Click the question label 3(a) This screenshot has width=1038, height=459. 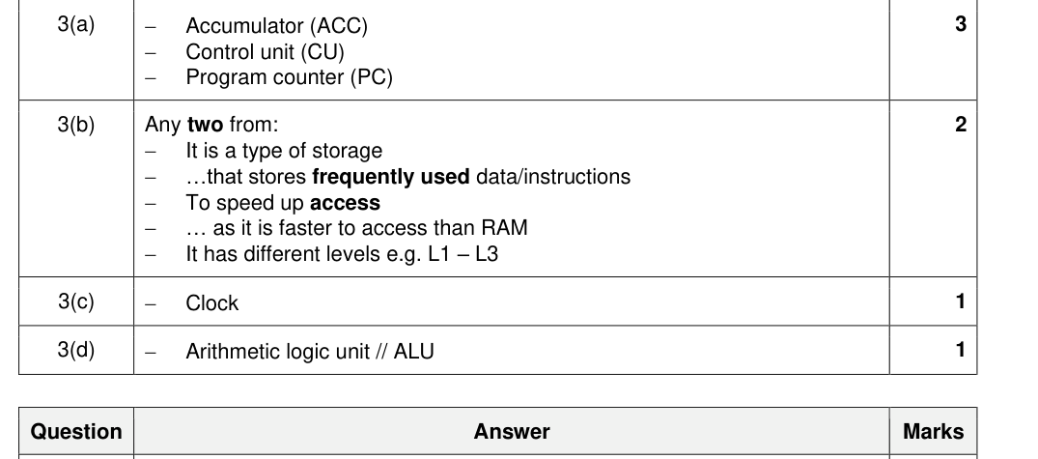[76, 24]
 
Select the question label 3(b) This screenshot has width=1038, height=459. [76, 125]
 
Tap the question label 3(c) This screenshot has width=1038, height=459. [76, 301]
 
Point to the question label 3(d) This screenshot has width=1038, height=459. [76, 350]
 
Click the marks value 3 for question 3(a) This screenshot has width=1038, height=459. [961, 24]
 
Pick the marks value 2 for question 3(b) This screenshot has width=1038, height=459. [961, 125]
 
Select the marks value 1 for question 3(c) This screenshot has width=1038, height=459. [961, 301]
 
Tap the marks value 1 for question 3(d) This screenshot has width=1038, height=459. [961, 350]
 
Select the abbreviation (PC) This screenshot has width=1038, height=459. [372, 77]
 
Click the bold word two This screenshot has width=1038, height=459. [206, 125]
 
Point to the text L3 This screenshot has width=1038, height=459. [487, 254]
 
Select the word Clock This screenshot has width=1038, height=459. [211, 303]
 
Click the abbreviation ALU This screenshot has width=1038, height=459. [413, 352]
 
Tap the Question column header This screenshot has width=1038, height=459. [76, 432]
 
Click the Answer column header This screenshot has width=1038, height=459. [512, 432]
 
